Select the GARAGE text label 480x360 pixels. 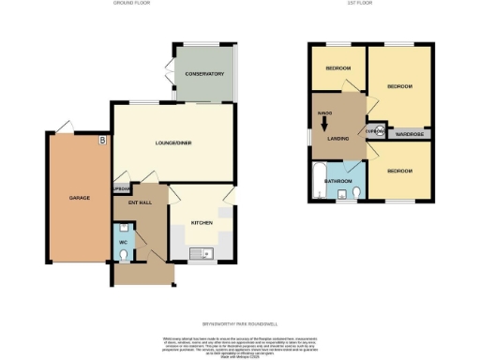point(78,198)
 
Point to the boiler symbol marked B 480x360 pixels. point(102,140)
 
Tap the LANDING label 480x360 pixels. point(339,139)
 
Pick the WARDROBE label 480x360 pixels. point(410,133)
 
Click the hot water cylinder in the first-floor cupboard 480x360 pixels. point(379,131)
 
